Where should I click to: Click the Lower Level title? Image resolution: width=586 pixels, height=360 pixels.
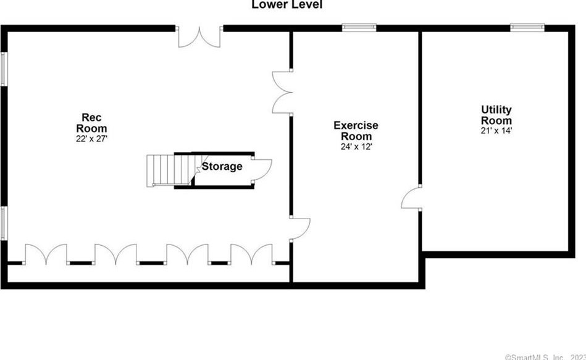coord(287,5)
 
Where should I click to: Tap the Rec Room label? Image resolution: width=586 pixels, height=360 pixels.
coord(91,123)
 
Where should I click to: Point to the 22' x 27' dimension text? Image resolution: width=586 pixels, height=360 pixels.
coord(91,139)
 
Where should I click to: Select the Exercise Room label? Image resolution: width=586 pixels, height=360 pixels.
coord(356,131)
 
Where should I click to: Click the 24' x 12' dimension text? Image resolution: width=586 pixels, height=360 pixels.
coord(356,147)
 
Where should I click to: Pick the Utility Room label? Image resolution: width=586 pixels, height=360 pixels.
coord(496,115)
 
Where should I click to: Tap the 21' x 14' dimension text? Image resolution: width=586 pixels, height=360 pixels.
coord(496,131)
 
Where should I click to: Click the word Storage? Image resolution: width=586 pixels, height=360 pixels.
coord(222,166)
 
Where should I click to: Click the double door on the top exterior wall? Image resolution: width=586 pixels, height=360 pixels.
coord(199,36)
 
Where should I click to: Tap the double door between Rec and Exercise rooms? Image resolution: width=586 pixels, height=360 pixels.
coord(283,92)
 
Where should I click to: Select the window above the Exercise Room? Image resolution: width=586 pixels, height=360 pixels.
coord(359,27)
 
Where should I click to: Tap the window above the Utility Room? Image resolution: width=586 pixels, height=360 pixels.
coord(527,27)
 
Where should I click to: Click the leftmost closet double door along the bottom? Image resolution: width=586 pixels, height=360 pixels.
coord(46,254)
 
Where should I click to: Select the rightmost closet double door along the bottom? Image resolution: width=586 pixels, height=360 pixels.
coord(251,254)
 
